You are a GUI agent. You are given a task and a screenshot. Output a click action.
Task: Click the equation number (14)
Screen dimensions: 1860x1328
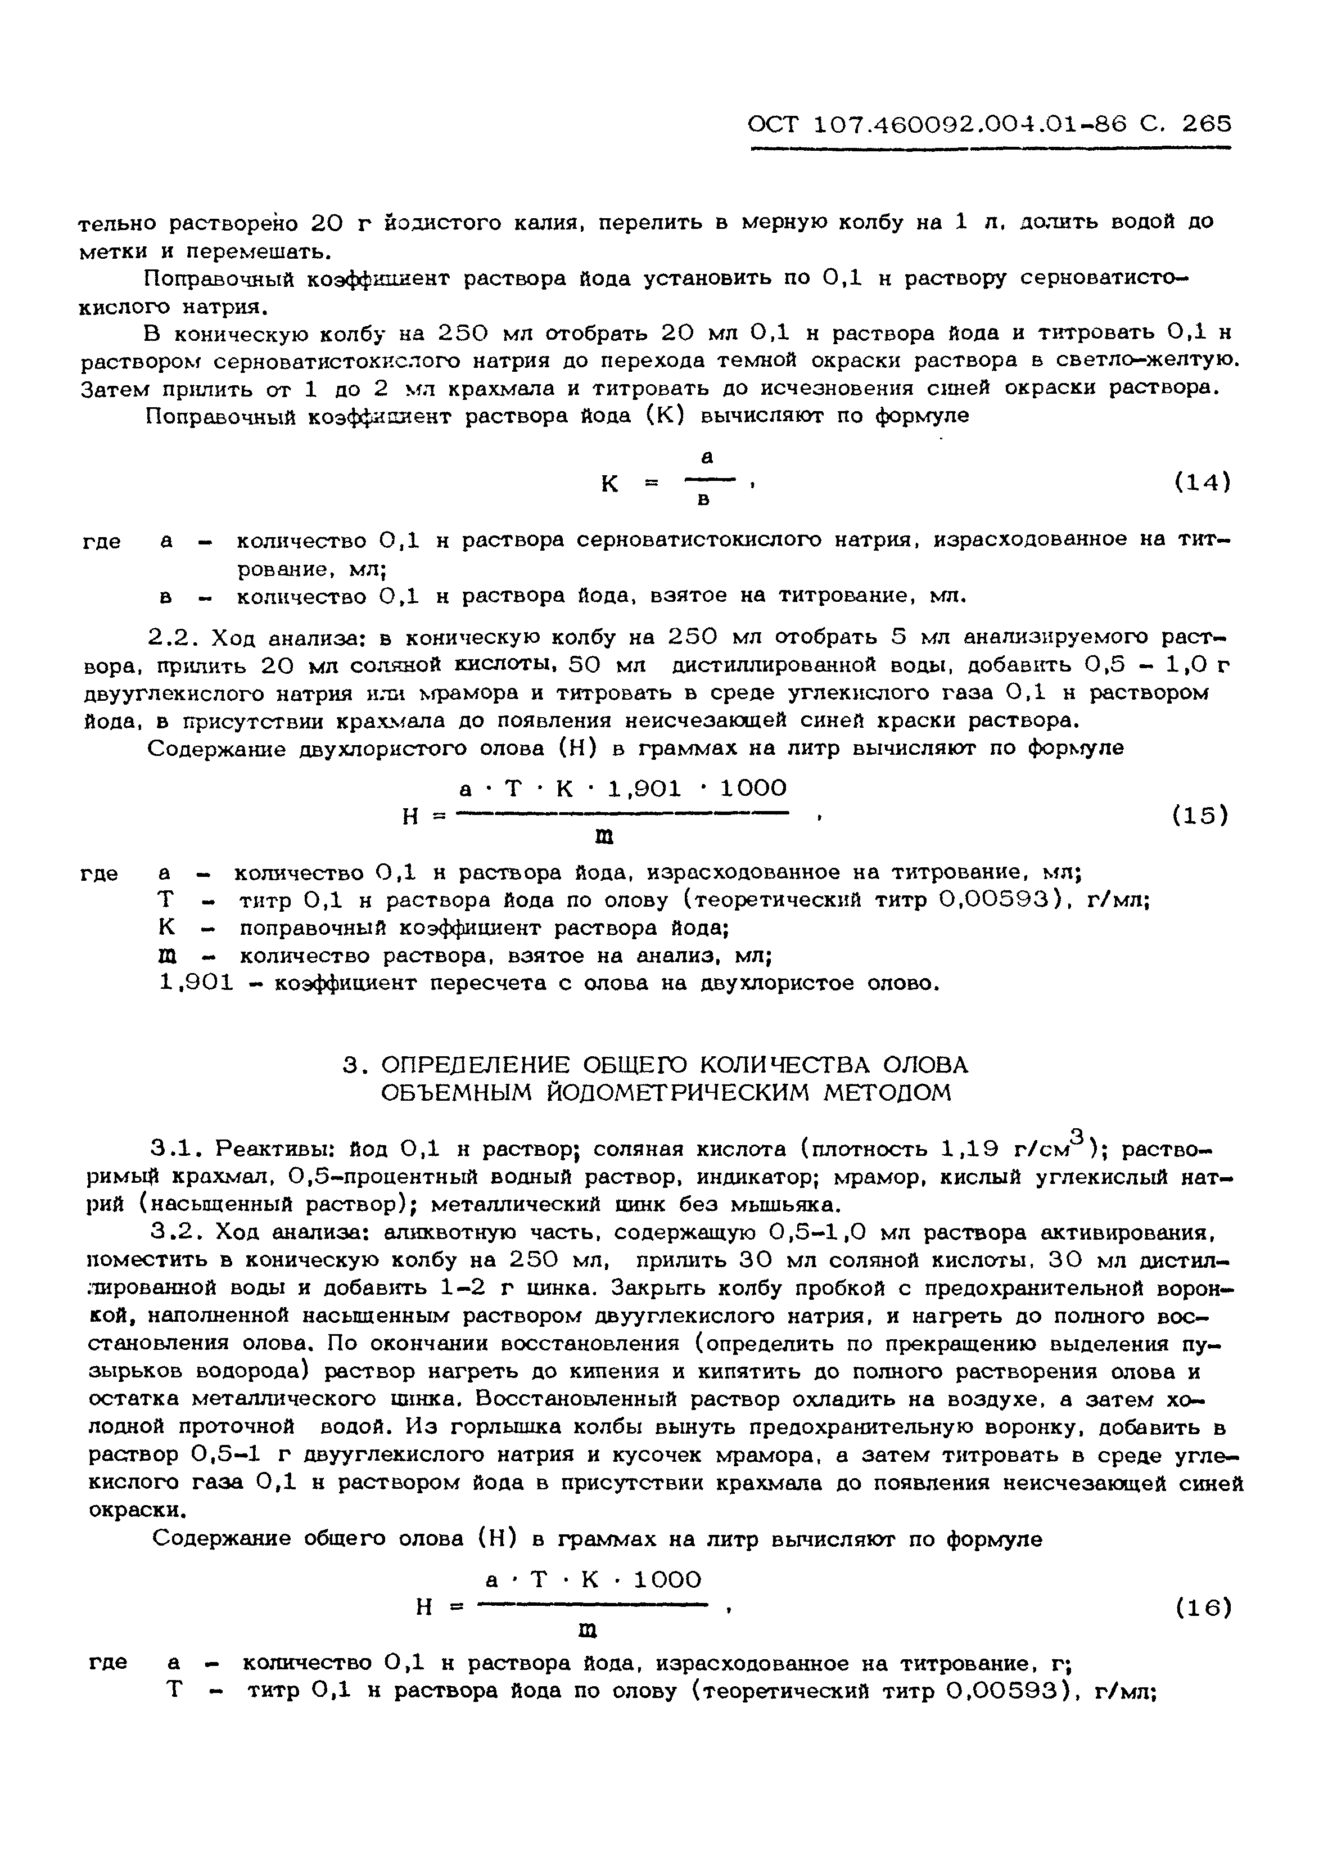point(1202,483)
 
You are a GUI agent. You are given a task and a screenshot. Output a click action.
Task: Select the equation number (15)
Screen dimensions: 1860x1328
point(1200,816)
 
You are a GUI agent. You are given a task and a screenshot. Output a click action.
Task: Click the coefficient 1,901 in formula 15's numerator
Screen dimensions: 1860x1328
point(644,789)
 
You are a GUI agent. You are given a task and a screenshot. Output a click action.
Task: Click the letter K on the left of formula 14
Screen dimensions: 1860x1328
point(610,484)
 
